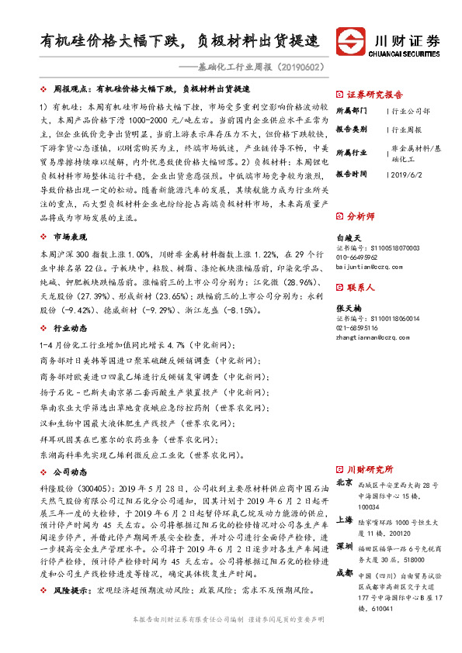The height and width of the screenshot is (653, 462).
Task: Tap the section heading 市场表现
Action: (x=69, y=238)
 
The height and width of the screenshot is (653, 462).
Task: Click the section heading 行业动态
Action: (x=69, y=329)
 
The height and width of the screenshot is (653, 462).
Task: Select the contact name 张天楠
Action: (x=349, y=307)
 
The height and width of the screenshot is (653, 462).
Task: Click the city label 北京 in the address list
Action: (x=344, y=482)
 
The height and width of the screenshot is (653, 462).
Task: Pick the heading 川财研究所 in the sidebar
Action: (x=370, y=469)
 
